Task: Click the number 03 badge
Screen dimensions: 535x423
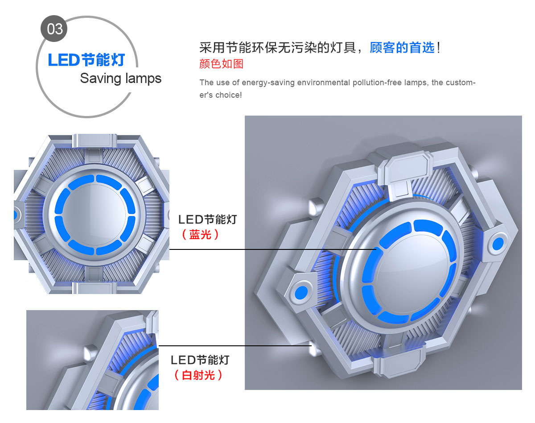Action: [54, 29]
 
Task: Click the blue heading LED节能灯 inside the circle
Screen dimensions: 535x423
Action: [86, 60]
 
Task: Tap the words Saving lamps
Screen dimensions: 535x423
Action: [120, 79]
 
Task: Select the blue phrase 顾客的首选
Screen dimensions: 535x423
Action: [402, 48]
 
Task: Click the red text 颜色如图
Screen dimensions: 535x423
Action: [221, 64]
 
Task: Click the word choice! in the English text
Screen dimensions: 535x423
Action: [228, 95]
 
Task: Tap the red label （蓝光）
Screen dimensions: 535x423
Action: [200, 235]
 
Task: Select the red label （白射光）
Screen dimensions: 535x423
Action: [198, 375]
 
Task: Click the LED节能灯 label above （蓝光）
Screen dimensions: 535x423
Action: [208, 220]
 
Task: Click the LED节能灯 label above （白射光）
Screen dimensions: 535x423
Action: [200, 360]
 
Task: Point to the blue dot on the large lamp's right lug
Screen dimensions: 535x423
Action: [498, 244]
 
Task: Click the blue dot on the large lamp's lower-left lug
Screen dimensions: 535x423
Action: [301, 293]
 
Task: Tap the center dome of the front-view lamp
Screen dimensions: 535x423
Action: [95, 215]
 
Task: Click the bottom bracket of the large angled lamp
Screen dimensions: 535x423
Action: [398, 363]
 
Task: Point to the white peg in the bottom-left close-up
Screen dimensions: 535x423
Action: [90, 352]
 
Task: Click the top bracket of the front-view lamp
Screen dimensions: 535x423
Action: [94, 141]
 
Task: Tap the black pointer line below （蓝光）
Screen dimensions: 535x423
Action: [273, 249]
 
